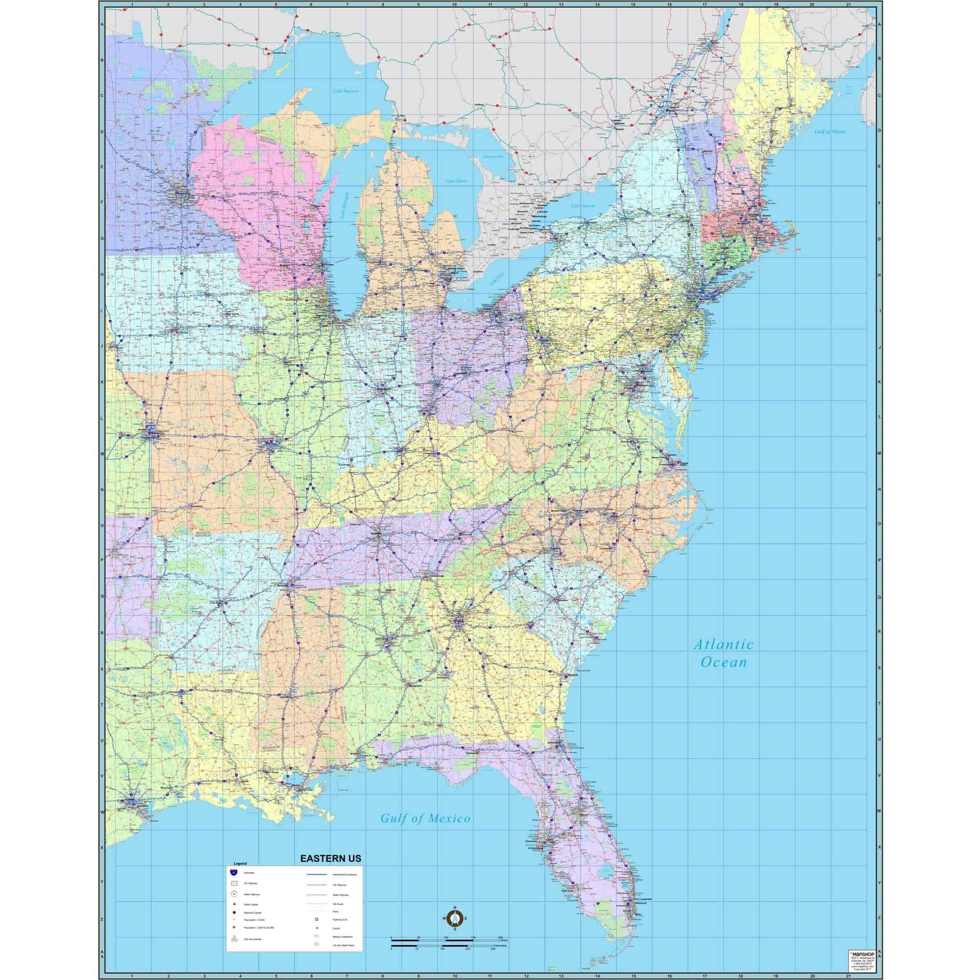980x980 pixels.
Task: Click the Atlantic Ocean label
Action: (723, 653)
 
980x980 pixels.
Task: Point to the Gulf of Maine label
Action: (831, 131)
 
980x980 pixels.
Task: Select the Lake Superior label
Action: (346, 91)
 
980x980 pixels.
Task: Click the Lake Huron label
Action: (456, 181)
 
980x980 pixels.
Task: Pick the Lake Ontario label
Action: (583, 205)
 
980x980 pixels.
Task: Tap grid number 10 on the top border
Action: (454, 4)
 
